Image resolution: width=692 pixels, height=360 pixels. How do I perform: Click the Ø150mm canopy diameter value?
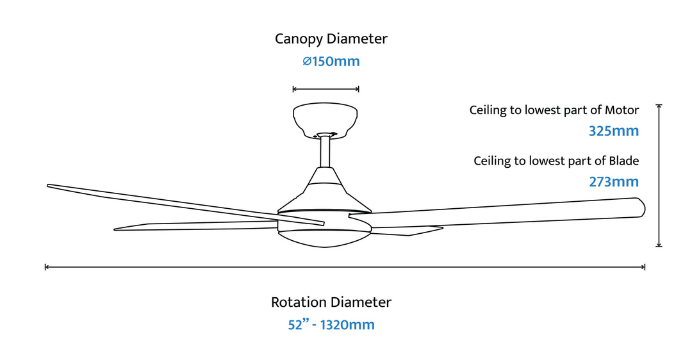click(331, 61)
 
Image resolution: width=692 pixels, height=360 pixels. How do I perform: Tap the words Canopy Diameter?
click(331, 38)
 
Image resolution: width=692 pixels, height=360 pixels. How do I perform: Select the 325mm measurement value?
click(614, 131)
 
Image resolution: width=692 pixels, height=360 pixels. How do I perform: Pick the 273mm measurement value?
click(614, 182)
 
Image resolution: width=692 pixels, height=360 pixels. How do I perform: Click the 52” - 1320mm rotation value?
click(331, 325)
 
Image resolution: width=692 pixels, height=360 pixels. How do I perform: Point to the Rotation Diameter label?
click(331, 302)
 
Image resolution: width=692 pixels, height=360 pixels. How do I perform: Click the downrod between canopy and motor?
click(325, 152)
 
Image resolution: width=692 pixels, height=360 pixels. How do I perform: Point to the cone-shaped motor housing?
click(325, 186)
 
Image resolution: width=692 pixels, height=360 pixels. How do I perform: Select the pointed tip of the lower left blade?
click(117, 229)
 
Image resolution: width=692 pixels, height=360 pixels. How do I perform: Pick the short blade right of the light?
click(410, 231)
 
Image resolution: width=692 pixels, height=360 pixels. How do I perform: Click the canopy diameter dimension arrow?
click(325, 89)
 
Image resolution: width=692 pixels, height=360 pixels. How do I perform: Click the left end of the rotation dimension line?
click(45, 266)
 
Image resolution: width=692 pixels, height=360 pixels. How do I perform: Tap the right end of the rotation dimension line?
click(644, 266)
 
